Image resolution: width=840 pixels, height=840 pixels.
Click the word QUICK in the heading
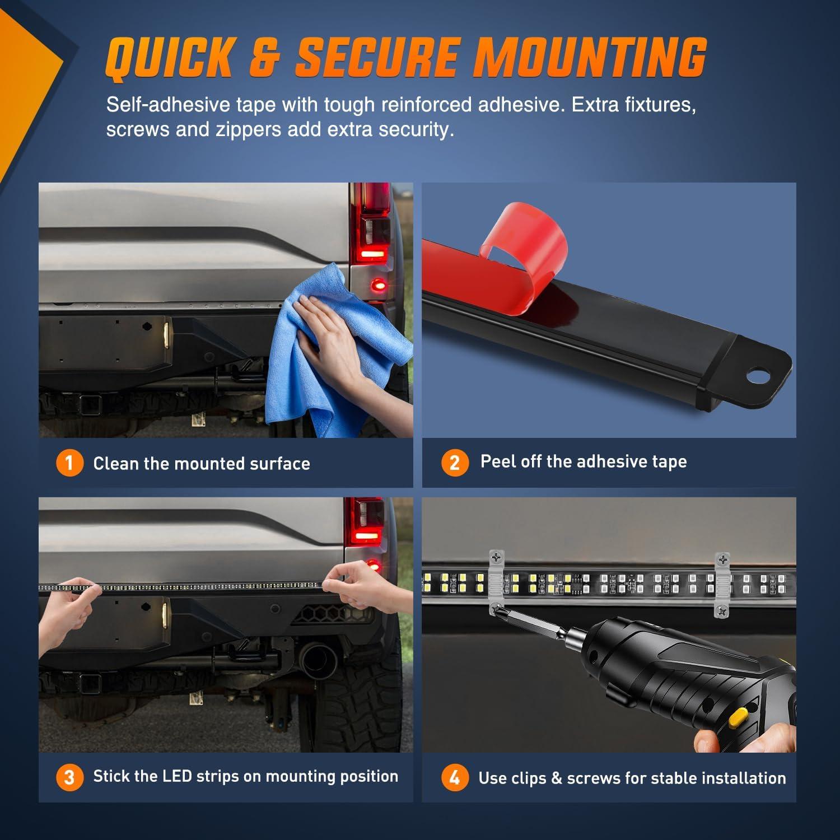169,57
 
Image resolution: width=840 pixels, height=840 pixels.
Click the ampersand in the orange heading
264,57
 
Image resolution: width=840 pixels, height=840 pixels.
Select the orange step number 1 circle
69,463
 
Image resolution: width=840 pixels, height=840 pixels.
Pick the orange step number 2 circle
455,463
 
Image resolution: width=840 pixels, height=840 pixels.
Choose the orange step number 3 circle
69,777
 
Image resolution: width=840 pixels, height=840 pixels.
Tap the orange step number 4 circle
455,777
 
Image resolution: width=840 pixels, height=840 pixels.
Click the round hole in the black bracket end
758,375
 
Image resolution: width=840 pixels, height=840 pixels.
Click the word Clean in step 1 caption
116,463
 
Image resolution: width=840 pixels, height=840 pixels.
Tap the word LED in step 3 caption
177,776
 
